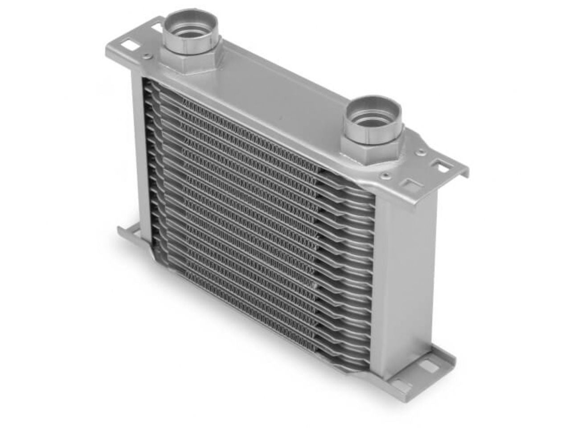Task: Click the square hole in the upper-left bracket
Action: point(132,45)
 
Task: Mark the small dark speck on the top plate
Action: point(281,119)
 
